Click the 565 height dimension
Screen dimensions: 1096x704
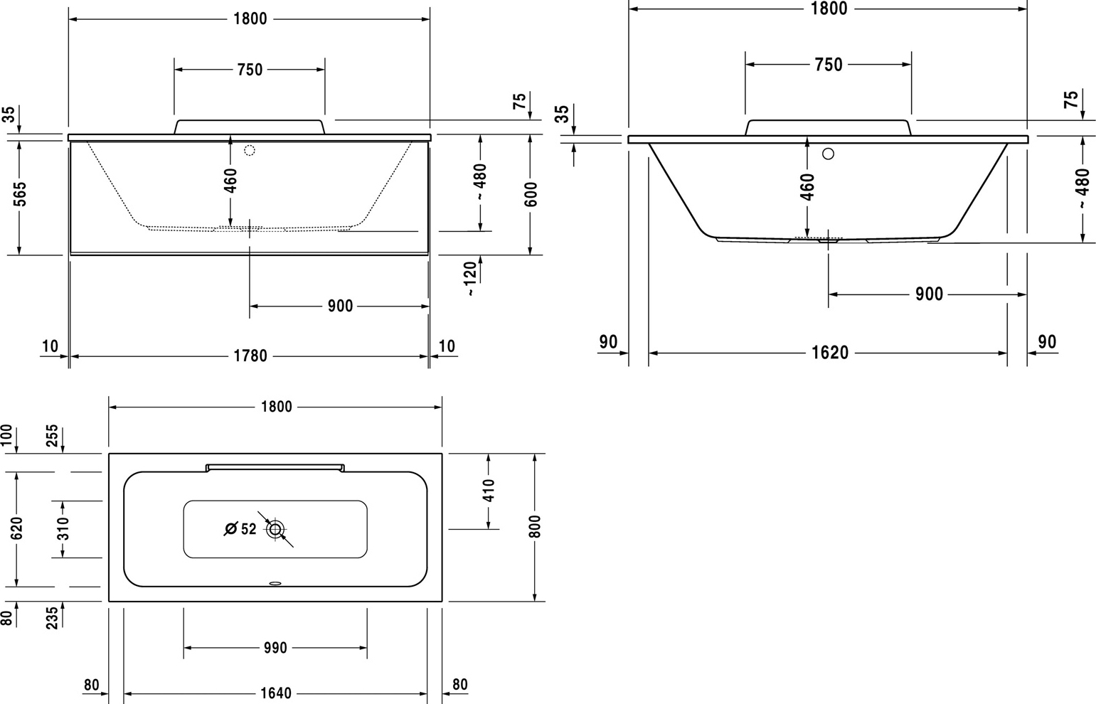coord(21,193)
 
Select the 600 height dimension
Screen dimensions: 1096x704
coord(531,193)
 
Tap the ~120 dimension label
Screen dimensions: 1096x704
coord(469,279)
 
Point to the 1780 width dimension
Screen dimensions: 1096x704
coord(250,356)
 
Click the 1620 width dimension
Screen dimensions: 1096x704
coord(830,352)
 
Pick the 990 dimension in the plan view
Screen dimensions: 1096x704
coord(275,648)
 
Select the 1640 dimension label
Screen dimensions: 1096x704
coord(275,693)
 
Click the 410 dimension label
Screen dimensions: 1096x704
coord(489,490)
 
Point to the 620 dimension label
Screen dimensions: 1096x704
coord(16,528)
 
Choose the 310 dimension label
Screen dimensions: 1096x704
coord(63,528)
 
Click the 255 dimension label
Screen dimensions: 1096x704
coord(52,435)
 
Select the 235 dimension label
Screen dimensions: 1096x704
coord(52,618)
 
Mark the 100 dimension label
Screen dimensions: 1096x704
coord(6,435)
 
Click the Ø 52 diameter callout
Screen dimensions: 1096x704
coord(240,529)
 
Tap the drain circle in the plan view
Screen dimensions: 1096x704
coord(275,529)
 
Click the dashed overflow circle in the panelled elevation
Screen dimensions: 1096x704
coord(250,151)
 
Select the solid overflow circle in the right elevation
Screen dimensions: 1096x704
coord(829,154)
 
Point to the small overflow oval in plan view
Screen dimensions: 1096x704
coord(275,583)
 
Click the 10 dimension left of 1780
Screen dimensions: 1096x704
coord(50,346)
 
